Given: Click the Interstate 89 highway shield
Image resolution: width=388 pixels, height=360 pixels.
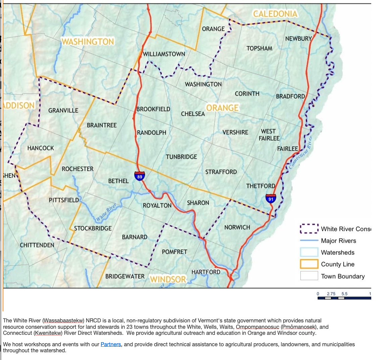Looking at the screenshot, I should [140, 176].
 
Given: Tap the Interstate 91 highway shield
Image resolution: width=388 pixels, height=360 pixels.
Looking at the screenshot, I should [271, 198].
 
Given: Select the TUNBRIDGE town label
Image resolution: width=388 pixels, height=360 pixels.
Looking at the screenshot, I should [181, 157].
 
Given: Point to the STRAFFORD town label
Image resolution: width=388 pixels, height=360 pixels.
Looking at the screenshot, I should [221, 172].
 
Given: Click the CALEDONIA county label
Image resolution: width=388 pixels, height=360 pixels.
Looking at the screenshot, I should [275, 14].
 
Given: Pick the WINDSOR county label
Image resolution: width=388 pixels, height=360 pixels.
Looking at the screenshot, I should [168, 279].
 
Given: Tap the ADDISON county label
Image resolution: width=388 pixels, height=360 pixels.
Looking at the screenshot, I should [19, 105].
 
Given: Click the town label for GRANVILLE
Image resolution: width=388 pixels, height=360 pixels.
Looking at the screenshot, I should [63, 110].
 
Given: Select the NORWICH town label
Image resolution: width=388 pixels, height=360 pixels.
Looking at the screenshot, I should [237, 227].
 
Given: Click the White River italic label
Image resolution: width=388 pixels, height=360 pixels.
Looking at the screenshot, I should [106, 213].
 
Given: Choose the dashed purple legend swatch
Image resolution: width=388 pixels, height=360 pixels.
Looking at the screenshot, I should [309, 229].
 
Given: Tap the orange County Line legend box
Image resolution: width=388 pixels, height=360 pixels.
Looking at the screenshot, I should [309, 264].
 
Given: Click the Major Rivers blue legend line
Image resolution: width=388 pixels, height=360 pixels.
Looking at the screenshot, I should [309, 240].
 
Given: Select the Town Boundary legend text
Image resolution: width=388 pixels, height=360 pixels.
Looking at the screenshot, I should [343, 276].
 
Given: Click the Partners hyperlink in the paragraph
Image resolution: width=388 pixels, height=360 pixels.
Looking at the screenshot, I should [111, 344].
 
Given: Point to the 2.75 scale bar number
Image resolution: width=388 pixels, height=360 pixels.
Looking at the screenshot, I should [331, 294].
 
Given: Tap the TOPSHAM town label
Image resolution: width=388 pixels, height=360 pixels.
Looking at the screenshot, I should [259, 48].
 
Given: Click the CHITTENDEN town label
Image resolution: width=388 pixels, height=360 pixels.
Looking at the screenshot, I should [37, 245].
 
